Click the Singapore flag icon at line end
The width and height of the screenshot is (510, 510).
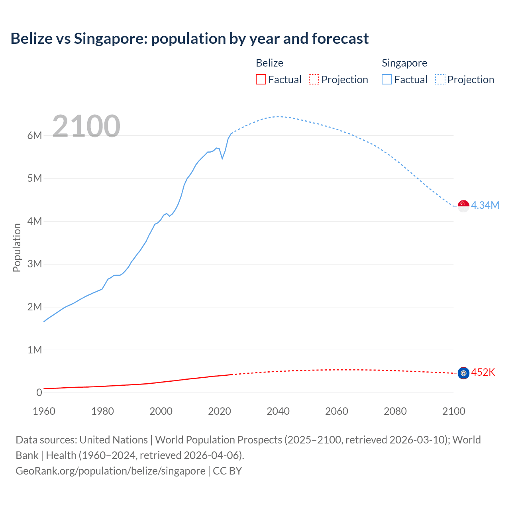coord(463,206)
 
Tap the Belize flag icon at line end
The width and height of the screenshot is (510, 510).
coord(463,373)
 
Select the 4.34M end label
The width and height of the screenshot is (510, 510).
coord(485,205)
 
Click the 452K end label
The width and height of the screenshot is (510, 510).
coord(483,372)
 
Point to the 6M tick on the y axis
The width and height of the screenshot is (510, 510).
coord(35,135)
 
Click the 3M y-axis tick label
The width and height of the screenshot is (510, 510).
coord(35,264)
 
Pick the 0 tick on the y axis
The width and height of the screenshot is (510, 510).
coord(39,392)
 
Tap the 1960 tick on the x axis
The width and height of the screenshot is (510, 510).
coord(44,411)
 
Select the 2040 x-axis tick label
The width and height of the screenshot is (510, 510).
coord(278,411)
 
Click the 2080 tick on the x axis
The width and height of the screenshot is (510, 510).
coord(395,411)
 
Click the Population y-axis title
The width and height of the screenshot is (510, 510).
coord(17,247)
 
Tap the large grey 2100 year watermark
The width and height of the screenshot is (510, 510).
coord(86,126)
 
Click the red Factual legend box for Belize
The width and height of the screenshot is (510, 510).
coord(261,80)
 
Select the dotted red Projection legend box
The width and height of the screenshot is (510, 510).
coord(314,80)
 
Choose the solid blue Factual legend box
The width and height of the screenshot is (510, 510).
coord(386,80)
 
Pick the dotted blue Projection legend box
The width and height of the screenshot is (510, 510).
coord(440,80)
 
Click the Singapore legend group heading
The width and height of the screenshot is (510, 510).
coord(404,63)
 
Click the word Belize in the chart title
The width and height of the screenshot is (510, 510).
coord(31,39)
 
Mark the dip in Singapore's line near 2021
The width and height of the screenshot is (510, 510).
coord(222,159)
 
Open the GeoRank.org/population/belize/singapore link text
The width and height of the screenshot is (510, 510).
coord(110,471)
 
